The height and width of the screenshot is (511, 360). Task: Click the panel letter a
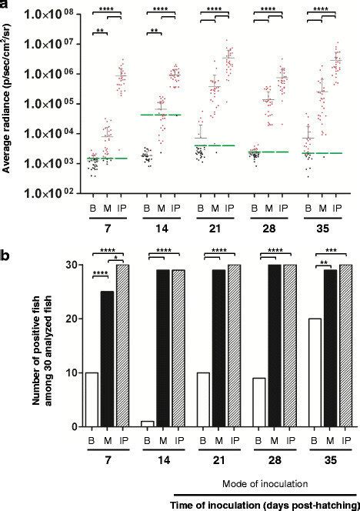(x=5, y=5)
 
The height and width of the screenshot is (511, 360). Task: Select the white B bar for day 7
(x=92, y=399)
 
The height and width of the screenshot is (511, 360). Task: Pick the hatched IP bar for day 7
(x=122, y=346)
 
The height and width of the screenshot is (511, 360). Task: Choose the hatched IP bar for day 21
(x=230, y=346)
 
